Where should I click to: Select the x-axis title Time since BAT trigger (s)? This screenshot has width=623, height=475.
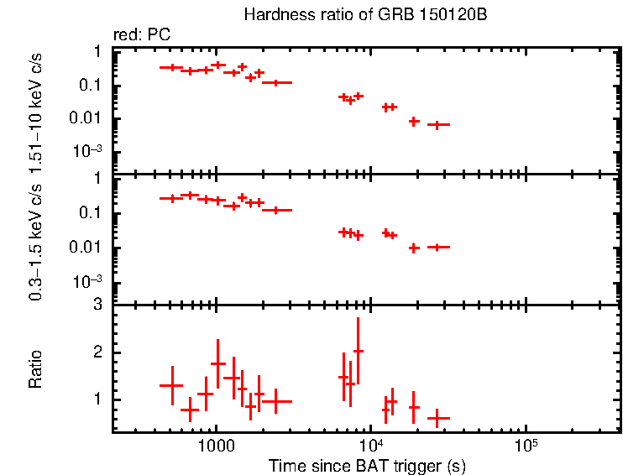point(366,465)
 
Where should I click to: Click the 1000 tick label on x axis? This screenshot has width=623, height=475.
point(216,446)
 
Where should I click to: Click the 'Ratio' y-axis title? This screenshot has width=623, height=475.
point(36,369)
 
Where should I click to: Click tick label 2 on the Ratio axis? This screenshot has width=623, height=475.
point(98,352)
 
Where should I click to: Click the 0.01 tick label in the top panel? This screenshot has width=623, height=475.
point(89,118)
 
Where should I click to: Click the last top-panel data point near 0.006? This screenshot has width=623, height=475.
point(437,124)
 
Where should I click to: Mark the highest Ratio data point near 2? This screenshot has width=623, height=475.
point(359,351)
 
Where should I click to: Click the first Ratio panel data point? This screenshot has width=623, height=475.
point(171,385)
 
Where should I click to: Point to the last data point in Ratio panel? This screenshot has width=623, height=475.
point(437,417)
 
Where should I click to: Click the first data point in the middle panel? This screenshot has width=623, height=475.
point(171,198)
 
